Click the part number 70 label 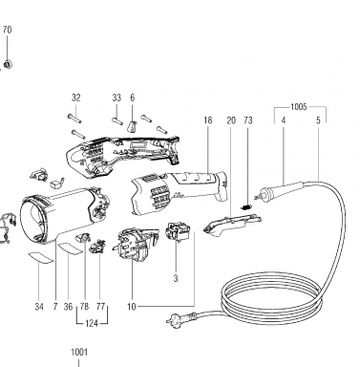(x=7, y=30)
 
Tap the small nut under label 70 (x=7, y=64)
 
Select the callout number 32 (x=76, y=97)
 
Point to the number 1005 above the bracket (x=299, y=107)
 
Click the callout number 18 (x=208, y=120)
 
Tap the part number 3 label (x=176, y=278)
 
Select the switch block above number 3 (x=178, y=231)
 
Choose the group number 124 (x=92, y=324)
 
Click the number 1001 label (x=78, y=353)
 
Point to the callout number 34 (x=39, y=307)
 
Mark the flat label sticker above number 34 (x=41, y=257)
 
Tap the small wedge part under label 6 (x=133, y=126)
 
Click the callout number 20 (x=231, y=120)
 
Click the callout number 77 (x=100, y=307)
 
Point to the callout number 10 (x=132, y=307)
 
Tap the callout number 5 (x=318, y=120)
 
